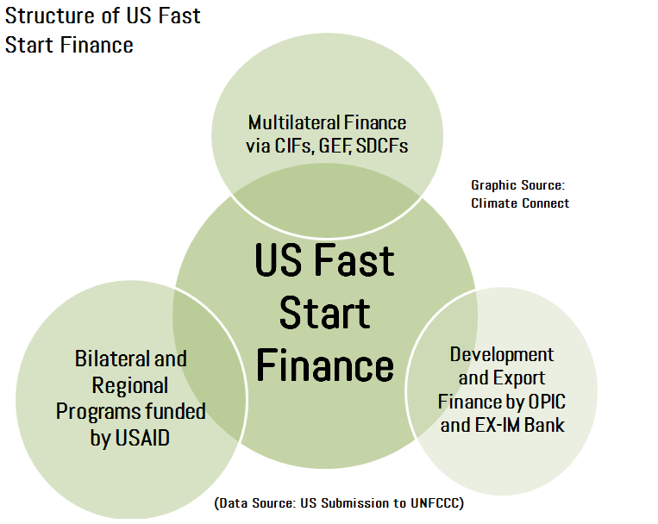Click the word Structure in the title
50,16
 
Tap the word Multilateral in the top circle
288,122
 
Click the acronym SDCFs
382,146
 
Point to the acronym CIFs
293,146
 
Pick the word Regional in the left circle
130,385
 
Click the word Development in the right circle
502,355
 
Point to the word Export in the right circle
519,378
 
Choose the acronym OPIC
547,402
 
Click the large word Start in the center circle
325,314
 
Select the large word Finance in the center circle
325,365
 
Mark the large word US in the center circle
279,260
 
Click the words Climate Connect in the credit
520,203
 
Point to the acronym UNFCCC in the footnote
435,502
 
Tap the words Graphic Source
517,185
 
